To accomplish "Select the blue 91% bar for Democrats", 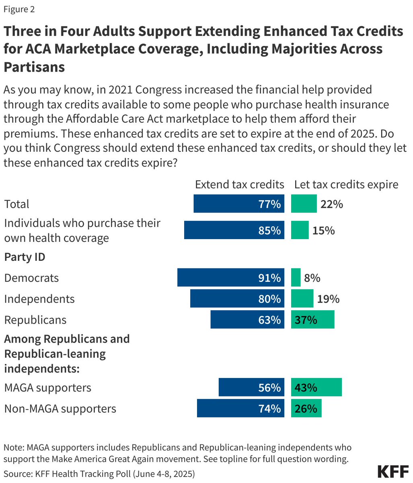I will coord(230,278).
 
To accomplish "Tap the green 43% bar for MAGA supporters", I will coord(316,387).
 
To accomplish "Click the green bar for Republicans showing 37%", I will coord(312,320).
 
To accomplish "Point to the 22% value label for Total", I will coord(331,204).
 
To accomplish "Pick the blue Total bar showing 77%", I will coord(238,204).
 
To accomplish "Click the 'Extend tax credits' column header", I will coord(239,184).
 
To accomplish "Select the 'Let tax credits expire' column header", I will coord(346,184).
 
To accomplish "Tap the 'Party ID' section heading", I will coord(25,257).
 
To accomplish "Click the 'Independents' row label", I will coord(39,299).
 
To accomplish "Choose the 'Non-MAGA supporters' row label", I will coord(60,409).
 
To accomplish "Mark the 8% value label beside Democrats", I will coord(312,278).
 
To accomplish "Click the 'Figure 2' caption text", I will coord(19,9).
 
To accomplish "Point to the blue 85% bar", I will coord(234,230).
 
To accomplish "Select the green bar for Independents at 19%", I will coord(302,299).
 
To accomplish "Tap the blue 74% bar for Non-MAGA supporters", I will coord(240,408).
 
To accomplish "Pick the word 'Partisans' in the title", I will coord(34,67).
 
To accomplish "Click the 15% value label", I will coord(324,231).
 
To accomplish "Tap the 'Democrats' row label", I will coord(31,278).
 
